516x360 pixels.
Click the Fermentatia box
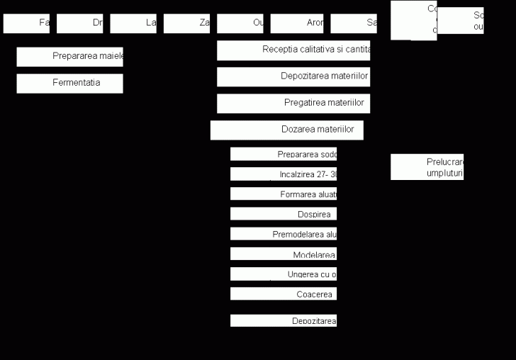point(69,83)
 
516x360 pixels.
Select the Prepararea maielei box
point(69,57)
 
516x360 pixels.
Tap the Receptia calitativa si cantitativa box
point(293,50)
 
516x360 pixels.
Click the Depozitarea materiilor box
point(293,77)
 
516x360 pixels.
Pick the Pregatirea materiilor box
point(293,103)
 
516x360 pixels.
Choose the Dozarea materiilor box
point(286,130)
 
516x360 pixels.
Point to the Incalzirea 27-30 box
point(283,174)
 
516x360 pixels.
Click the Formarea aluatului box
point(283,194)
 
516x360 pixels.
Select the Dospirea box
point(283,214)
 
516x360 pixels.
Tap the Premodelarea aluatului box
point(283,234)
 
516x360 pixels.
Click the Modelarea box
point(283,254)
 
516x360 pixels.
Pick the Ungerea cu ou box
point(283,274)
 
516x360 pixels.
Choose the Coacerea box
point(283,294)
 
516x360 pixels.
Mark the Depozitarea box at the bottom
point(283,321)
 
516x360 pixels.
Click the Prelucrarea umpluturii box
point(427,167)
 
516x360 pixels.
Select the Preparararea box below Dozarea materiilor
point(283,154)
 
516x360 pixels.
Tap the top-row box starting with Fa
point(26,23)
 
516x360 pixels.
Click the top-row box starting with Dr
point(79,23)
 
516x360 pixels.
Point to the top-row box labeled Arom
point(296,23)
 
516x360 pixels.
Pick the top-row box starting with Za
point(186,23)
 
